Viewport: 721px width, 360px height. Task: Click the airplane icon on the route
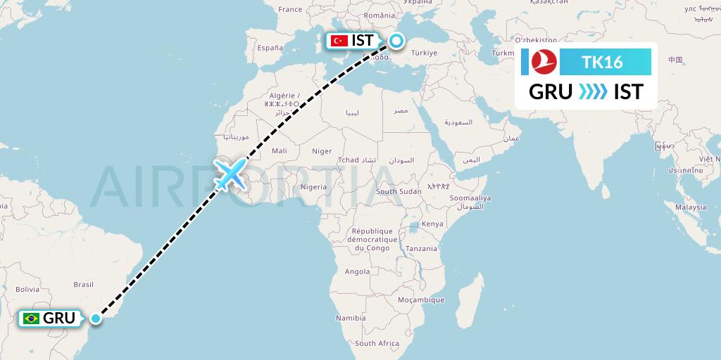tap(230, 174)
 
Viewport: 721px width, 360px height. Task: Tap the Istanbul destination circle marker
tap(396, 41)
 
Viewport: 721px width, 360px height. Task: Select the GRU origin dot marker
tap(96, 319)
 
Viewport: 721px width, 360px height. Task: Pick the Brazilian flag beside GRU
tap(31, 319)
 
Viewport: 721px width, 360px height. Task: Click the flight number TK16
tap(602, 62)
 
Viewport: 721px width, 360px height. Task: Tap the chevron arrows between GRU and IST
tap(593, 91)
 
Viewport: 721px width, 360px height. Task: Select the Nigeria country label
tap(313, 187)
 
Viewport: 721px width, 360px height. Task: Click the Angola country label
tap(357, 271)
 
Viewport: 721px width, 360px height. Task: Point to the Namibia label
tap(351, 318)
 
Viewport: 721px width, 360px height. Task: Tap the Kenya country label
tap(432, 224)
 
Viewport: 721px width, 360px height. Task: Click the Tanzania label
tap(421, 248)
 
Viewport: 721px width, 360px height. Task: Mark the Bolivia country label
tap(27, 289)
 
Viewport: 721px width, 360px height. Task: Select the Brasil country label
tap(84, 285)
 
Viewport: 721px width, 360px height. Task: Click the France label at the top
tap(289, 9)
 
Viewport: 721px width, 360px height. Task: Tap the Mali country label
tap(280, 150)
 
